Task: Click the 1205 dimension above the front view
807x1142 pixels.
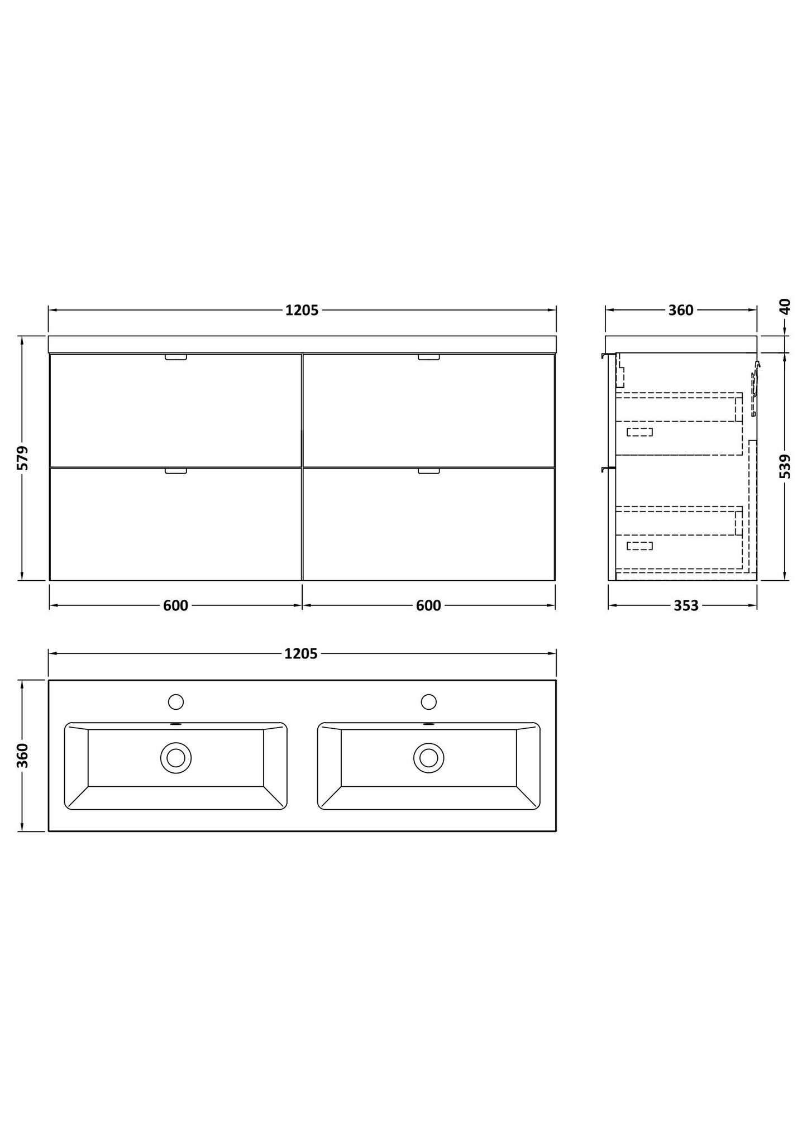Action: coord(302,310)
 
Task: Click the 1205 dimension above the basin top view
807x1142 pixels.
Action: coord(301,654)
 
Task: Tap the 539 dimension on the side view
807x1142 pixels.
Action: coord(785,466)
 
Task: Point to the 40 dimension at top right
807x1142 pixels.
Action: coord(785,307)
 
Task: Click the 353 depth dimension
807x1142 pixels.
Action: coord(686,606)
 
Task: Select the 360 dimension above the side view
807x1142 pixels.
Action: coord(681,310)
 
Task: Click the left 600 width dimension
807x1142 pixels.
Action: coord(175,606)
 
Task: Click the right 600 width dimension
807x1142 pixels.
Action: coord(428,606)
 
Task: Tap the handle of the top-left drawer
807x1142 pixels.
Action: coord(176,357)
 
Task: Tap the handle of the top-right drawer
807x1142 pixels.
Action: coord(429,357)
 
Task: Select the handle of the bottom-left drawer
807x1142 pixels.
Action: coord(176,471)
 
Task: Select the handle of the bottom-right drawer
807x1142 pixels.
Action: coord(429,471)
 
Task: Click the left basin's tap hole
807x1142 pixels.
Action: coord(176,702)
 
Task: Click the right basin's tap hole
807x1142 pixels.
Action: coord(429,702)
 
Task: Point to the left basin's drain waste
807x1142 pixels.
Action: coord(176,758)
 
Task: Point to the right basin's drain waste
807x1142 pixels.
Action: coord(429,758)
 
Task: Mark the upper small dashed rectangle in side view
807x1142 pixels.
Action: coord(639,432)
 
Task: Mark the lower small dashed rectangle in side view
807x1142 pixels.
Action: coord(639,546)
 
